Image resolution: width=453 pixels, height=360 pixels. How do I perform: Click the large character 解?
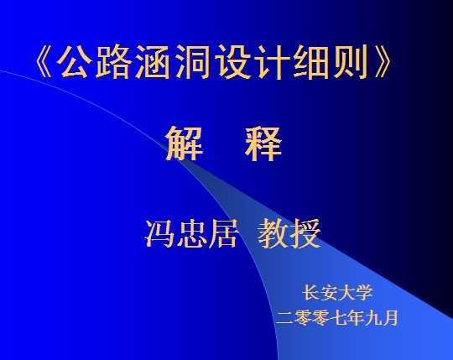click(184, 143)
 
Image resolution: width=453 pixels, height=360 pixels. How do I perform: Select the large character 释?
click(263, 143)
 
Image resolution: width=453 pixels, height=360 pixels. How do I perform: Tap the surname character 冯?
click(159, 233)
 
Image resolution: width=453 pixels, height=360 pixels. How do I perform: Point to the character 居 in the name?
click(223, 233)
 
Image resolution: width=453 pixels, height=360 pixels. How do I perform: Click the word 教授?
click(289, 233)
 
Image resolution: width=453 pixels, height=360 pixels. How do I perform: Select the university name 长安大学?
click(337, 292)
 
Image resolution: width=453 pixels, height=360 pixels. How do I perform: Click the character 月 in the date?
click(389, 317)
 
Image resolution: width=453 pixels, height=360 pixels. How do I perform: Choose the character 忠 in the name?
click(191, 233)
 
